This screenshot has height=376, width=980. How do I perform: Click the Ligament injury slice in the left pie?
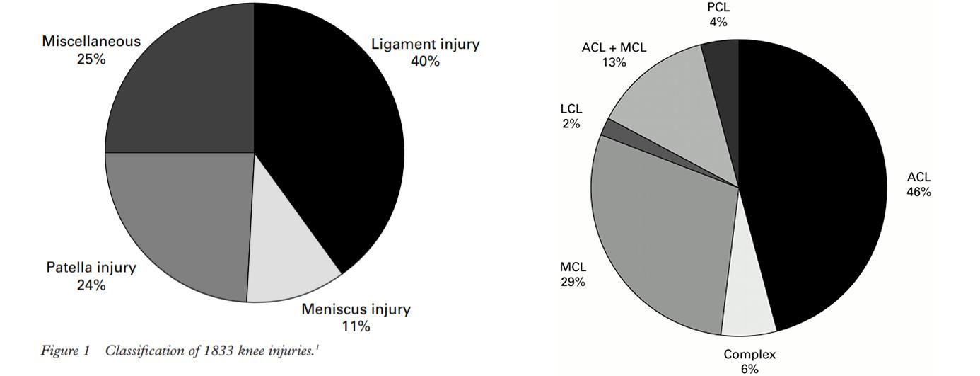pyautogui.click(x=332, y=142)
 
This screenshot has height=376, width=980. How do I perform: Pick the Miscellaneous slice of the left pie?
pyautogui.click(x=184, y=85)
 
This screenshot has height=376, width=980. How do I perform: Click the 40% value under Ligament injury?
pyautogui.click(x=425, y=62)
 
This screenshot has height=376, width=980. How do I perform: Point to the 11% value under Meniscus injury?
pyautogui.click(x=356, y=326)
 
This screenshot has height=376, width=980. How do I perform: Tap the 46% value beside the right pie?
pyautogui.click(x=919, y=192)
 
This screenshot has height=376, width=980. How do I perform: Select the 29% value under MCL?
pyautogui.click(x=573, y=283)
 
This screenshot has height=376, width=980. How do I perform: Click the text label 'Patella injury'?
pyautogui.click(x=91, y=268)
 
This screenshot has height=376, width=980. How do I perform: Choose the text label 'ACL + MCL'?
pyautogui.click(x=614, y=48)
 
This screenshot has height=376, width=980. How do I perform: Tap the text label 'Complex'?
pyautogui.click(x=749, y=355)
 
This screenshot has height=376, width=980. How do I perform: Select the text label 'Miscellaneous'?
pyautogui.click(x=91, y=42)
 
